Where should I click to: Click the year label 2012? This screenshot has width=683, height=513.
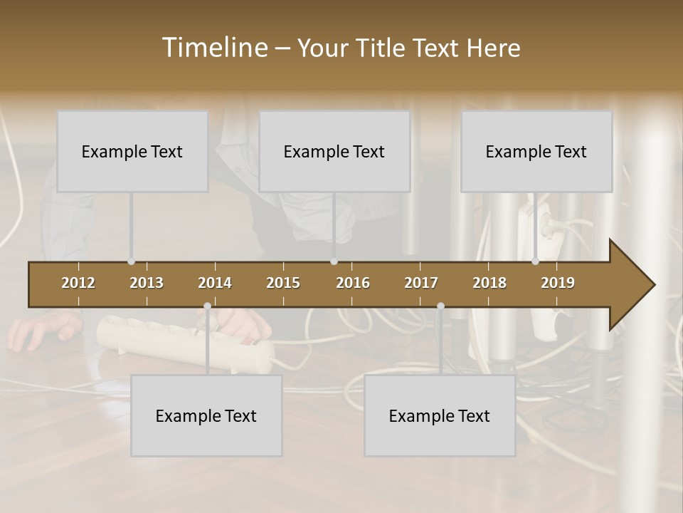(78, 283)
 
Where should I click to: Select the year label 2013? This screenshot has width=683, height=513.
(147, 283)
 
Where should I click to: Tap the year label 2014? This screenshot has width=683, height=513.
(215, 283)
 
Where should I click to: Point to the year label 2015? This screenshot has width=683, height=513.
(283, 283)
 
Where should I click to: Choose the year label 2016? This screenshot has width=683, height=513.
(353, 283)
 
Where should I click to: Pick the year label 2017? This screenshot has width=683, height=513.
(421, 283)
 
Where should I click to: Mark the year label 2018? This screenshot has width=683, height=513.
(489, 283)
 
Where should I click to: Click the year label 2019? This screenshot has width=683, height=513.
(558, 283)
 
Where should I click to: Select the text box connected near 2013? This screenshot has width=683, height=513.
(132, 152)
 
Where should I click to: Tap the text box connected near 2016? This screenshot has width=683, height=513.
(334, 152)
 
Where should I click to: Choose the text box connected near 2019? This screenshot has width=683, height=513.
(536, 152)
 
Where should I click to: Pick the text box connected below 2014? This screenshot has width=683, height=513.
(206, 416)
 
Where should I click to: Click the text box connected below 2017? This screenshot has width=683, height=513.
(440, 416)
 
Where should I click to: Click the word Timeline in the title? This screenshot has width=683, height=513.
(213, 48)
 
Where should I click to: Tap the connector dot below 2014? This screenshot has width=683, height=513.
(207, 306)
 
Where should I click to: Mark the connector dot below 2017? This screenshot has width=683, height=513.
(440, 306)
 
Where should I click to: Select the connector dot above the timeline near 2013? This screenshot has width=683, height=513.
(131, 261)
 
